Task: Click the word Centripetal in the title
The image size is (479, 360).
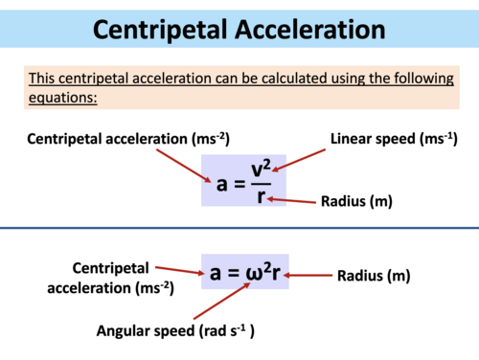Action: (x=163, y=28)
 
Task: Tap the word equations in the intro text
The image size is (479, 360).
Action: (x=63, y=99)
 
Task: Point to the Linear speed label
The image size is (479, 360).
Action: (x=393, y=140)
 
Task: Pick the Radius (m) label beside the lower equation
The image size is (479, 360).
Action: (x=374, y=276)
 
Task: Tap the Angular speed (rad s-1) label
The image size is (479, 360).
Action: (x=180, y=330)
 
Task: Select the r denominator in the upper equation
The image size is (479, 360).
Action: (x=261, y=196)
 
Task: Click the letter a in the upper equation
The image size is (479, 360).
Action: (x=222, y=183)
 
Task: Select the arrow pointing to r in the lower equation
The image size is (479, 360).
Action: (x=306, y=276)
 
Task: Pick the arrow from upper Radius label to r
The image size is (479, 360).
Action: (x=292, y=200)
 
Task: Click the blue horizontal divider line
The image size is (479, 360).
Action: (x=239, y=228)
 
